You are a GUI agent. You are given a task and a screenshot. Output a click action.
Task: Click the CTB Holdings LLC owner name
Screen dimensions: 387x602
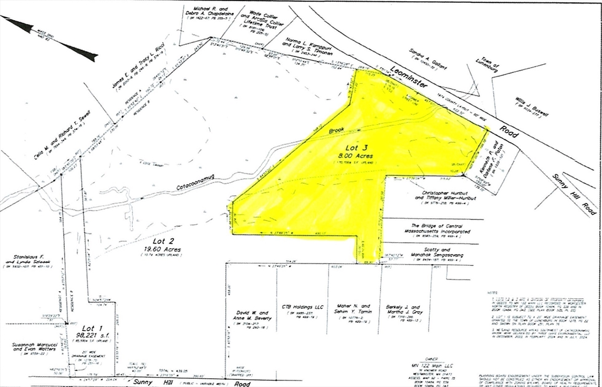[303, 307]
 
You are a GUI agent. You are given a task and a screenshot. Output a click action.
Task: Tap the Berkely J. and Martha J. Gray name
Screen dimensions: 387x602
[412, 310]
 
